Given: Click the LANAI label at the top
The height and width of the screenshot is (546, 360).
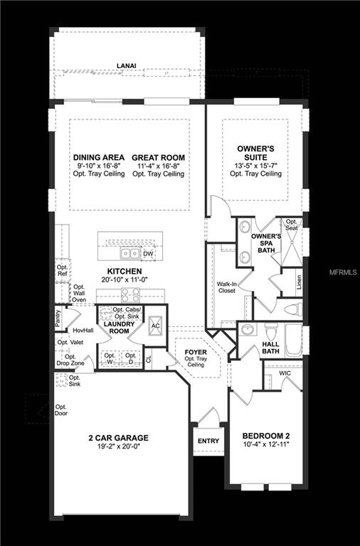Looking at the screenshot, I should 127,65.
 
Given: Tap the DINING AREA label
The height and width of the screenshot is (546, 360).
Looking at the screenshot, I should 100,157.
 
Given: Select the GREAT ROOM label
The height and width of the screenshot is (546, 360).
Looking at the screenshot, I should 158,157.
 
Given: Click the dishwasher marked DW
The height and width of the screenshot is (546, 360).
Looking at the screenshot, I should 148,254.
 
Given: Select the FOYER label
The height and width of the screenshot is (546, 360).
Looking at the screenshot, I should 196,351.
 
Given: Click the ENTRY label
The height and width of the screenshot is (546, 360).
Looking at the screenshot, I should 208,441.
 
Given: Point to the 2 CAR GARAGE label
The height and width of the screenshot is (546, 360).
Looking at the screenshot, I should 119,437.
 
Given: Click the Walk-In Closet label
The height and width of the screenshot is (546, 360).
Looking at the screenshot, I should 227,287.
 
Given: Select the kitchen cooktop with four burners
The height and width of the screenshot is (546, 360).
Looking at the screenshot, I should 131,294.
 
